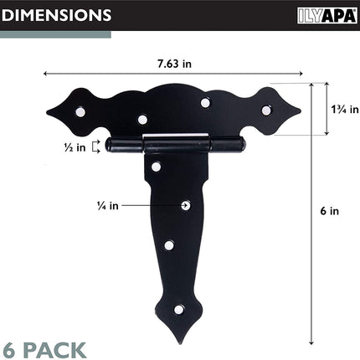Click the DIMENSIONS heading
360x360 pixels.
click(x=56, y=15)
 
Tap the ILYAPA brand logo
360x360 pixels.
click(x=327, y=16)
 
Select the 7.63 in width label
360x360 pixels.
click(x=174, y=64)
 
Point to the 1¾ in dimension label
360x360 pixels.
click(x=345, y=109)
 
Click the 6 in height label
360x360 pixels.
click(x=330, y=211)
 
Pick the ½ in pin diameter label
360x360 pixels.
click(x=75, y=147)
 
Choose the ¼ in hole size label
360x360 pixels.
click(x=108, y=206)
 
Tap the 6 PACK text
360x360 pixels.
click(x=44, y=350)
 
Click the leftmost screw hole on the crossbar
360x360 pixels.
click(x=80, y=112)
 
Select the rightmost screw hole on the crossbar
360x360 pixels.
click(x=266, y=111)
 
